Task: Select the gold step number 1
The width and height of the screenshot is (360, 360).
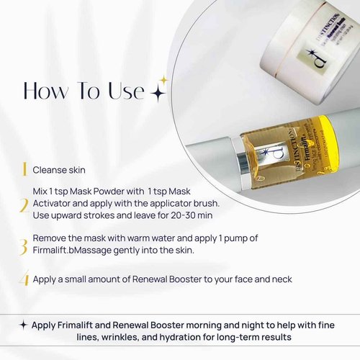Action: pos(24,170)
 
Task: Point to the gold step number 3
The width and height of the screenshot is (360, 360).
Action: pos(24,246)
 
